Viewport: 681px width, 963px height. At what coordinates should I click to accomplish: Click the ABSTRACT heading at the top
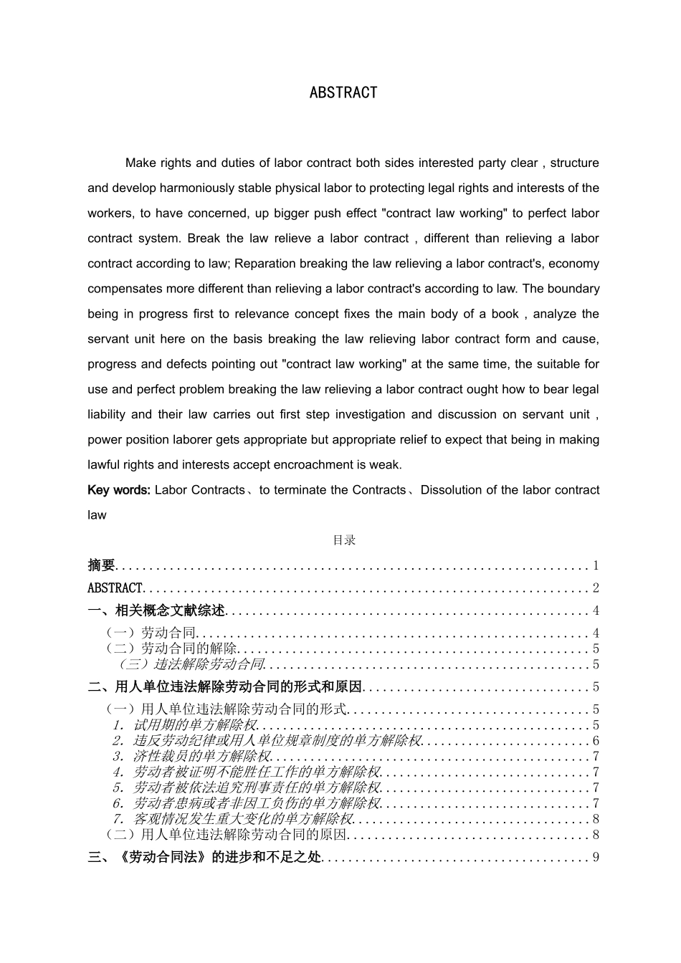(x=343, y=92)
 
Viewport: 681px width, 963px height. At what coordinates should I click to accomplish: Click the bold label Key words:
(x=118, y=490)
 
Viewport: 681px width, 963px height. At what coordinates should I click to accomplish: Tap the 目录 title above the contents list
(x=344, y=540)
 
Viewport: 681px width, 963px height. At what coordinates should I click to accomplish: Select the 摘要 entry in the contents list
(x=101, y=565)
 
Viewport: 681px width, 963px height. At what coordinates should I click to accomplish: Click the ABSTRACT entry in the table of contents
(x=115, y=588)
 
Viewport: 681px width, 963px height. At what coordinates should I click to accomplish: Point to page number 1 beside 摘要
(x=595, y=565)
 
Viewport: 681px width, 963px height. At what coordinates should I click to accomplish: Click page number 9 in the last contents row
(x=595, y=857)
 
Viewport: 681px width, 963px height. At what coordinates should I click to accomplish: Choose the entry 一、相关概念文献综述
(x=156, y=610)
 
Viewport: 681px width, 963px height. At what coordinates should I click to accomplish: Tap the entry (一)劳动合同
(x=151, y=633)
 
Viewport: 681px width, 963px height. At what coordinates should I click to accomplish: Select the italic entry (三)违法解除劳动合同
(x=191, y=664)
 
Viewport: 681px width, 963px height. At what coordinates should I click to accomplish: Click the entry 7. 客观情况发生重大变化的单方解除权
(x=233, y=818)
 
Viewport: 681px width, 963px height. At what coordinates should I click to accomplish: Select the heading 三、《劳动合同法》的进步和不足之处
(x=204, y=857)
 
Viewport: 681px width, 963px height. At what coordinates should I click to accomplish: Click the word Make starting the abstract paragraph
(x=141, y=163)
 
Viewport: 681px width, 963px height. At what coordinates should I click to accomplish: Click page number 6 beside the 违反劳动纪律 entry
(x=595, y=741)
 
